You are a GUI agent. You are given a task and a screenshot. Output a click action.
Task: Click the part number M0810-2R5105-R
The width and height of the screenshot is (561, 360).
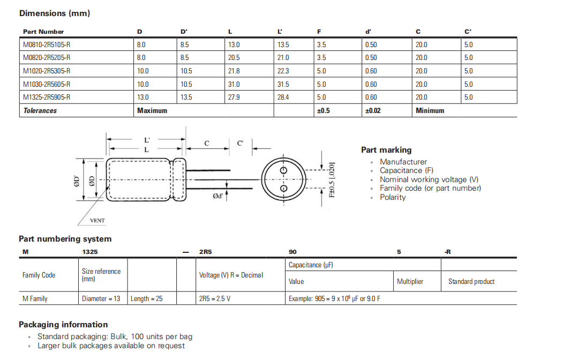tap(47, 44)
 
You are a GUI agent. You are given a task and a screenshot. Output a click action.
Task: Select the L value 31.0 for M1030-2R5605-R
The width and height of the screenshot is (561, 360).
tap(234, 84)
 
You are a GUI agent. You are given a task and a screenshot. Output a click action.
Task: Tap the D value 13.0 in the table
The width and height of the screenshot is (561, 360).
tap(143, 97)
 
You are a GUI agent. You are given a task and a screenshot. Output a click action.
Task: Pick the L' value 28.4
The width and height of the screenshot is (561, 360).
tap(283, 97)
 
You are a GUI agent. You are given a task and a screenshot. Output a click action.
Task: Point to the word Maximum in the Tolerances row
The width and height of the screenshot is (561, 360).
tap(152, 110)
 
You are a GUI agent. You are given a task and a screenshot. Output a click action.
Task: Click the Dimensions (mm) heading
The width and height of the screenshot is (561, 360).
tap(54, 13)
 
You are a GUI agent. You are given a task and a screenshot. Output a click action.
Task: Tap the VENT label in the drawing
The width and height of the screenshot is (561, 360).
tap(97, 220)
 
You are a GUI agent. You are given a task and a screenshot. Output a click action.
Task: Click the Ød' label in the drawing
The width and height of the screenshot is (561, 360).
tap(218, 197)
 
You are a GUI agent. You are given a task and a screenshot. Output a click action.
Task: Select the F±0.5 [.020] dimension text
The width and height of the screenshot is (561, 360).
tap(332, 179)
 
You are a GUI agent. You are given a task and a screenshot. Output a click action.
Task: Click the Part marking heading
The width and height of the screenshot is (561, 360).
tap(386, 150)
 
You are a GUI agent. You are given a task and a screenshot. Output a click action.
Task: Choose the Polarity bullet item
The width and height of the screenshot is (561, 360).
tap(393, 197)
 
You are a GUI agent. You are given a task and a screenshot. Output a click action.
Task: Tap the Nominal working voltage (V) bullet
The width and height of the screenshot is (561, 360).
tap(429, 179)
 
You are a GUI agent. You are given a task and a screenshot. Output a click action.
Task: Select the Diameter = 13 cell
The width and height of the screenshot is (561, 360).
tap(101, 298)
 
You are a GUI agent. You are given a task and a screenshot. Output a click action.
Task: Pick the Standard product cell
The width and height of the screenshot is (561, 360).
tap(471, 281)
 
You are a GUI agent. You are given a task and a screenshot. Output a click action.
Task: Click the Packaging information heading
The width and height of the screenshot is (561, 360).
tap(63, 325)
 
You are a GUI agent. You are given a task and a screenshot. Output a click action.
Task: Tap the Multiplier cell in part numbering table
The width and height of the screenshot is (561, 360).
tap(410, 281)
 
